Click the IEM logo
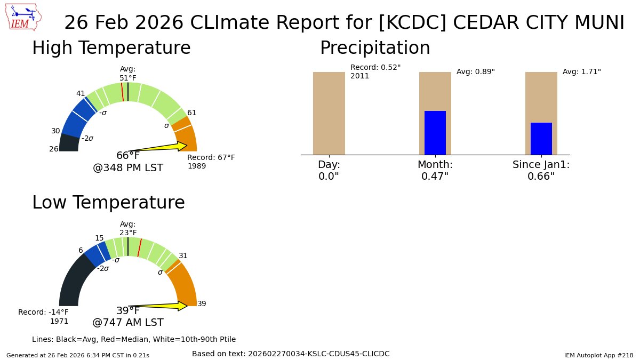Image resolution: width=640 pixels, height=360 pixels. point(24,18)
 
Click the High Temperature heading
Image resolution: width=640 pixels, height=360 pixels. point(111,48)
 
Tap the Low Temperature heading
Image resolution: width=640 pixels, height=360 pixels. point(108,203)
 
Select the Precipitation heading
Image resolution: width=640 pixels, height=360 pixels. point(374,48)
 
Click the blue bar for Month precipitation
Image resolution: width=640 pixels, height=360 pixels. point(435,133)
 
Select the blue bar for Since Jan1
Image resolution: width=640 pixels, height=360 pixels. point(541,139)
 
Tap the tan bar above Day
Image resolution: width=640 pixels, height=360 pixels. point(329,113)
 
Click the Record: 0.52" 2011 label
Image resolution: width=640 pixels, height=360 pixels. point(375,71)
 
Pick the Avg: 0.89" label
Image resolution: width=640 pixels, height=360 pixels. point(475,71)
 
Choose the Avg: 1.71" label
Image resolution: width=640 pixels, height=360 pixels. point(581,71)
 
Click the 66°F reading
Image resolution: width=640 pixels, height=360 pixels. point(128,156)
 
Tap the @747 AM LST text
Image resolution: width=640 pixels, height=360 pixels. point(128,323)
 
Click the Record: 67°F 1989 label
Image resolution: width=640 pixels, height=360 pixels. point(211,162)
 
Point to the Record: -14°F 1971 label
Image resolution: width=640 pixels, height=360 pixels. point(44,316)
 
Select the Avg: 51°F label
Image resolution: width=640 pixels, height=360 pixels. point(128,74)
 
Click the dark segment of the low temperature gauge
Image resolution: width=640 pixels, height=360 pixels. point(75,283)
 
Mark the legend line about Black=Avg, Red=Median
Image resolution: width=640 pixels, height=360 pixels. point(134,339)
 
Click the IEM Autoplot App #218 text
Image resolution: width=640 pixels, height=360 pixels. point(598,355)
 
